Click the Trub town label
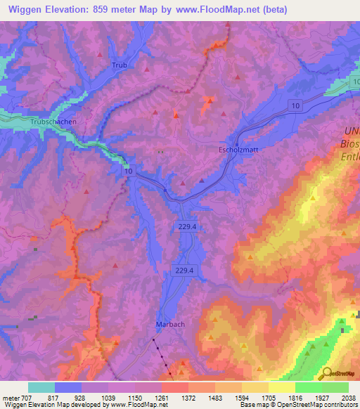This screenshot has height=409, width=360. [x=120, y=65]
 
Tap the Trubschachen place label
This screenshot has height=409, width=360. [x=42, y=122]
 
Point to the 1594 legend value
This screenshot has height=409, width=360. [x=243, y=397]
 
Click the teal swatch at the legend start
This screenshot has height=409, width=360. [x=41, y=387]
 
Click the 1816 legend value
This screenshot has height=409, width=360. [x=295, y=397]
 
